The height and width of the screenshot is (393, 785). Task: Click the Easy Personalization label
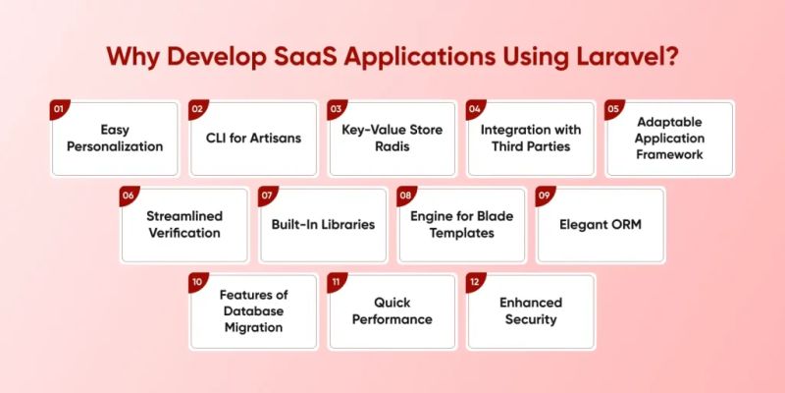click(x=115, y=139)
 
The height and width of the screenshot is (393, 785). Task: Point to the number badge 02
click(x=196, y=108)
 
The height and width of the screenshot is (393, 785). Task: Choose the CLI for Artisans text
click(x=253, y=139)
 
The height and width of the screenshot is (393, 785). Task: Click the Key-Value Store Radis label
click(x=392, y=139)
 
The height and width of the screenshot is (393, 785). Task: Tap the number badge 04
click(x=474, y=108)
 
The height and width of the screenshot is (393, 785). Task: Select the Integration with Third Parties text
click(x=531, y=139)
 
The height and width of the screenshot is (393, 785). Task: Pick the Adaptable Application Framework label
click(x=669, y=139)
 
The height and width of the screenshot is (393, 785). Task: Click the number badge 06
click(x=128, y=196)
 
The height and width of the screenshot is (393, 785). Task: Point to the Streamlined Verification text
click(x=183, y=225)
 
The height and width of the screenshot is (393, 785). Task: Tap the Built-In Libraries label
click(x=323, y=224)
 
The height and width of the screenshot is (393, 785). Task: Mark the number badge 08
click(x=405, y=196)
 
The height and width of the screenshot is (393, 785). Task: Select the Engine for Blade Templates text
click(x=461, y=225)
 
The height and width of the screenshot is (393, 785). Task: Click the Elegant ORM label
click(x=601, y=224)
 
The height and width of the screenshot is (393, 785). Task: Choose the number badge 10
click(x=197, y=282)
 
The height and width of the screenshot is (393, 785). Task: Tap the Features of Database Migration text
click(x=253, y=311)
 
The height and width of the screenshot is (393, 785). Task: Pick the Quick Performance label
click(x=392, y=311)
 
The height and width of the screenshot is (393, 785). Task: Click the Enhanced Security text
click(x=530, y=311)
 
